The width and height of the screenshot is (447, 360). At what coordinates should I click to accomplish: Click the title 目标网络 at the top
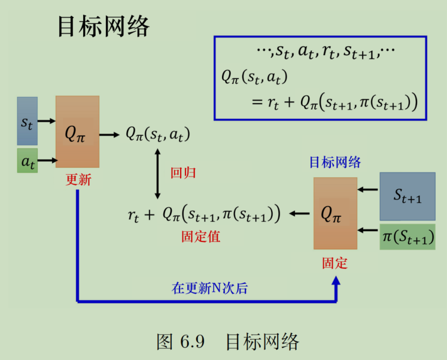tap(103, 26)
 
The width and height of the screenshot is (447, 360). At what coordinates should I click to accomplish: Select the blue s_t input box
tap(27, 121)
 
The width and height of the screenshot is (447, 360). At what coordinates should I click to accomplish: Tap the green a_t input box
tap(27, 161)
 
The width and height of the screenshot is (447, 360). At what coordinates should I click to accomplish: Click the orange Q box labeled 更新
tap(77, 131)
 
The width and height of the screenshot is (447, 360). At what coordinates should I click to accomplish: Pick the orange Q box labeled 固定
tap(335, 213)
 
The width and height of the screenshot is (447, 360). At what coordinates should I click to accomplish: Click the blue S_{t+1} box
tap(407, 196)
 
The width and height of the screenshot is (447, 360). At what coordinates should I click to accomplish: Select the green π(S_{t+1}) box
tap(407, 237)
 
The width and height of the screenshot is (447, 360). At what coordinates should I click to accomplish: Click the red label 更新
tap(78, 180)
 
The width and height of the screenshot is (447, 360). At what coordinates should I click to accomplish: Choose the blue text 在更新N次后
tap(209, 288)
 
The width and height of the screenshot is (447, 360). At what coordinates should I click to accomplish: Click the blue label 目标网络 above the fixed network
tap(335, 162)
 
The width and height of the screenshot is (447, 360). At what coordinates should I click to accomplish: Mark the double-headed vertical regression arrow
tap(157, 174)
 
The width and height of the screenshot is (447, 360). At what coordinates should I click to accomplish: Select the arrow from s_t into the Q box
tap(47, 122)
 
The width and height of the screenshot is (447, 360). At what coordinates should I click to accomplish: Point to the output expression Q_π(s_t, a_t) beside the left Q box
tap(157, 135)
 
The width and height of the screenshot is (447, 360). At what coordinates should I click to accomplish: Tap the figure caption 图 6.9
tap(181, 342)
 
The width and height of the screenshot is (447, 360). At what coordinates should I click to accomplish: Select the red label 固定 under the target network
tap(335, 263)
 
